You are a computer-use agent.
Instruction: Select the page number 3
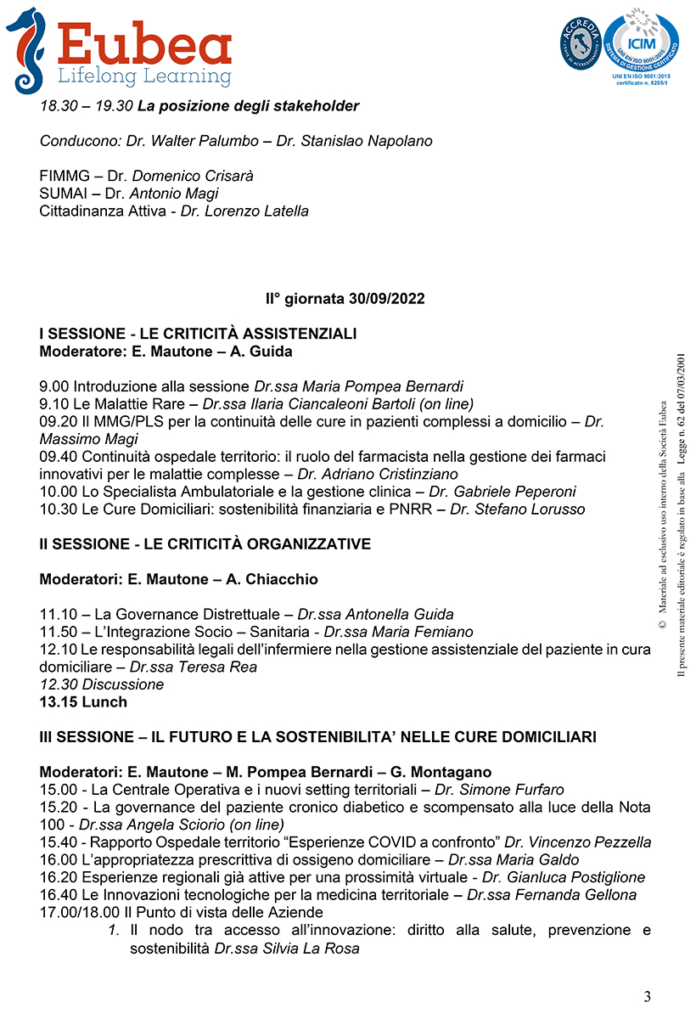coord(648,996)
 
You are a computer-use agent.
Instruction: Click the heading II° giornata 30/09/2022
coord(345,299)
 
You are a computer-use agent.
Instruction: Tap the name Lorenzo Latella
coord(255,211)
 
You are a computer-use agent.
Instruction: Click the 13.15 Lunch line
coord(83,701)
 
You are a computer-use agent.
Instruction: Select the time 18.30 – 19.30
coord(86,106)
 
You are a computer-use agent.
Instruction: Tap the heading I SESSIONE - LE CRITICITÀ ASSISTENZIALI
coord(198,334)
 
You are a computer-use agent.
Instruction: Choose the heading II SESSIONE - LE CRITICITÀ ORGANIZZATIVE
coord(205,543)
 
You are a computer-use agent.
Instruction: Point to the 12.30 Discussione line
coord(102,684)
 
